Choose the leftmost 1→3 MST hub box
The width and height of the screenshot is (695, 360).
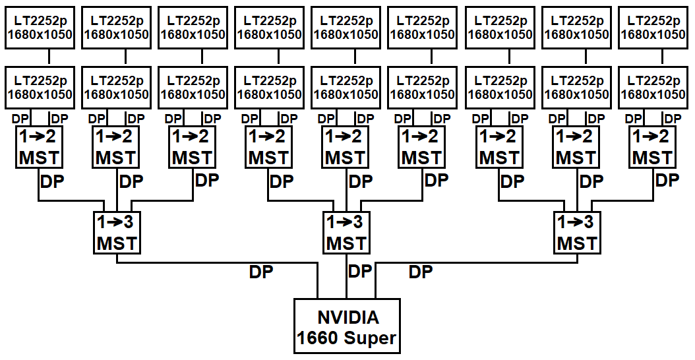click(x=117, y=233)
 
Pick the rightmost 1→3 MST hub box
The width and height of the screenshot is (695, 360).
click(x=577, y=233)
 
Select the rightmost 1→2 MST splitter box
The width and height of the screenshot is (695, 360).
click(x=652, y=148)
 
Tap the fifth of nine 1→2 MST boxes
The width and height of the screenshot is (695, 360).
click(x=346, y=148)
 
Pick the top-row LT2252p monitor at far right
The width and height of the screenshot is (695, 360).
click(x=652, y=27)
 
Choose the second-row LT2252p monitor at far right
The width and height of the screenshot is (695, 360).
click(x=652, y=87)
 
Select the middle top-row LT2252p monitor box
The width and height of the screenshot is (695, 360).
click(x=346, y=27)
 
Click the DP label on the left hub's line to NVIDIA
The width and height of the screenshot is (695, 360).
click(x=261, y=272)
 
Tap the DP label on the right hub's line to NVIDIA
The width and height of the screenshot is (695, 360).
click(x=421, y=272)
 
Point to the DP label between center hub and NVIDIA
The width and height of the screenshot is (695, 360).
click(x=360, y=271)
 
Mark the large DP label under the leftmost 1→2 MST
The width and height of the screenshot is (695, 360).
click(x=53, y=181)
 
